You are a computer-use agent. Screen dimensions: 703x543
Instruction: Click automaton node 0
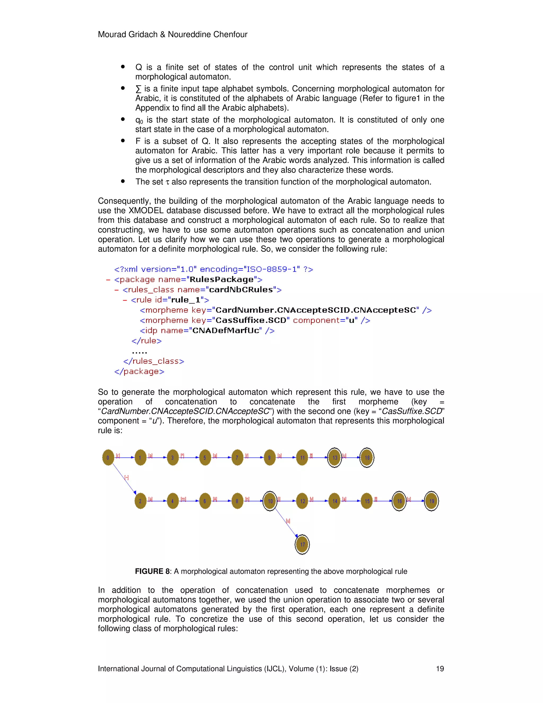[108, 457]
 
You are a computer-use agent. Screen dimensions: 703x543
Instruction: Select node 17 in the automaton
[302, 544]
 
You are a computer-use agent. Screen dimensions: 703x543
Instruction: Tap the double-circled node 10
[270, 501]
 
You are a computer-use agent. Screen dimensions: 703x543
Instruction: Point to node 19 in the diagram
[431, 501]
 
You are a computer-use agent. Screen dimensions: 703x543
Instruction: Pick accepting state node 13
[335, 457]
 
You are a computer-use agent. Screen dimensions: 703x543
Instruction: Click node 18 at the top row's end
[367, 457]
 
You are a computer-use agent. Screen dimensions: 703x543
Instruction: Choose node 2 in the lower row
[140, 501]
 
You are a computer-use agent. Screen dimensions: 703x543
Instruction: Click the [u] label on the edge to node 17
[288, 521]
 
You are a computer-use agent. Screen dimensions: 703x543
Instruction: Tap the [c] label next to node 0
[118, 455]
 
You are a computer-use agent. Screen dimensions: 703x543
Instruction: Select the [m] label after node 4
[183, 499]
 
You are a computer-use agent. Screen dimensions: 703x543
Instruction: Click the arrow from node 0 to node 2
[124, 479]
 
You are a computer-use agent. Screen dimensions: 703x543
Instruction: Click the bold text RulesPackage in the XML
[221, 279]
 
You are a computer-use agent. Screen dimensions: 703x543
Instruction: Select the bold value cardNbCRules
[241, 290]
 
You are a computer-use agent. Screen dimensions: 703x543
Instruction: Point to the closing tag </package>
[139, 371]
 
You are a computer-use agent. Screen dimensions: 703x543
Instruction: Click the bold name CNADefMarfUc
[226, 331]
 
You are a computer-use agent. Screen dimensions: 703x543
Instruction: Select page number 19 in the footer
[440, 669]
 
